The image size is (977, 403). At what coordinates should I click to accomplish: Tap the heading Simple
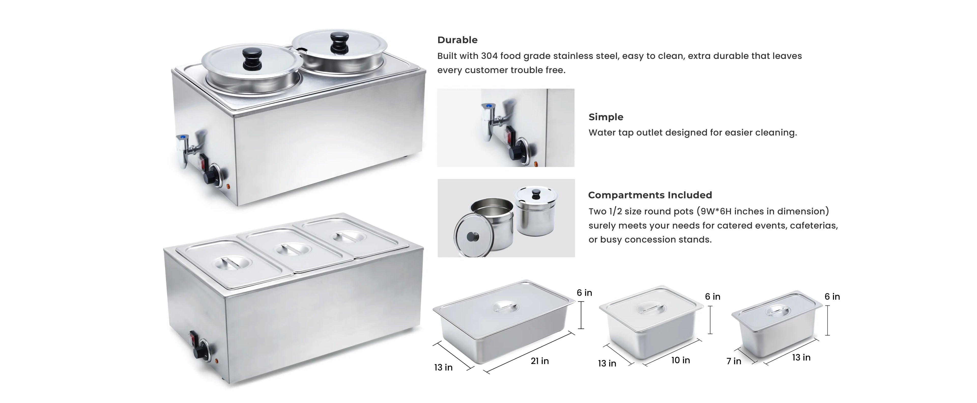pyautogui.click(x=606, y=117)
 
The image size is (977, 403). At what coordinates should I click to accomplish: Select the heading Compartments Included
pyautogui.click(x=650, y=195)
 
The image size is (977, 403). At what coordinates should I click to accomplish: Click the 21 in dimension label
pyautogui.click(x=540, y=361)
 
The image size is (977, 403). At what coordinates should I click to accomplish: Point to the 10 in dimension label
pyautogui.click(x=680, y=360)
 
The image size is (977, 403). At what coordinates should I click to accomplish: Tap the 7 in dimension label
pyautogui.click(x=734, y=361)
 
